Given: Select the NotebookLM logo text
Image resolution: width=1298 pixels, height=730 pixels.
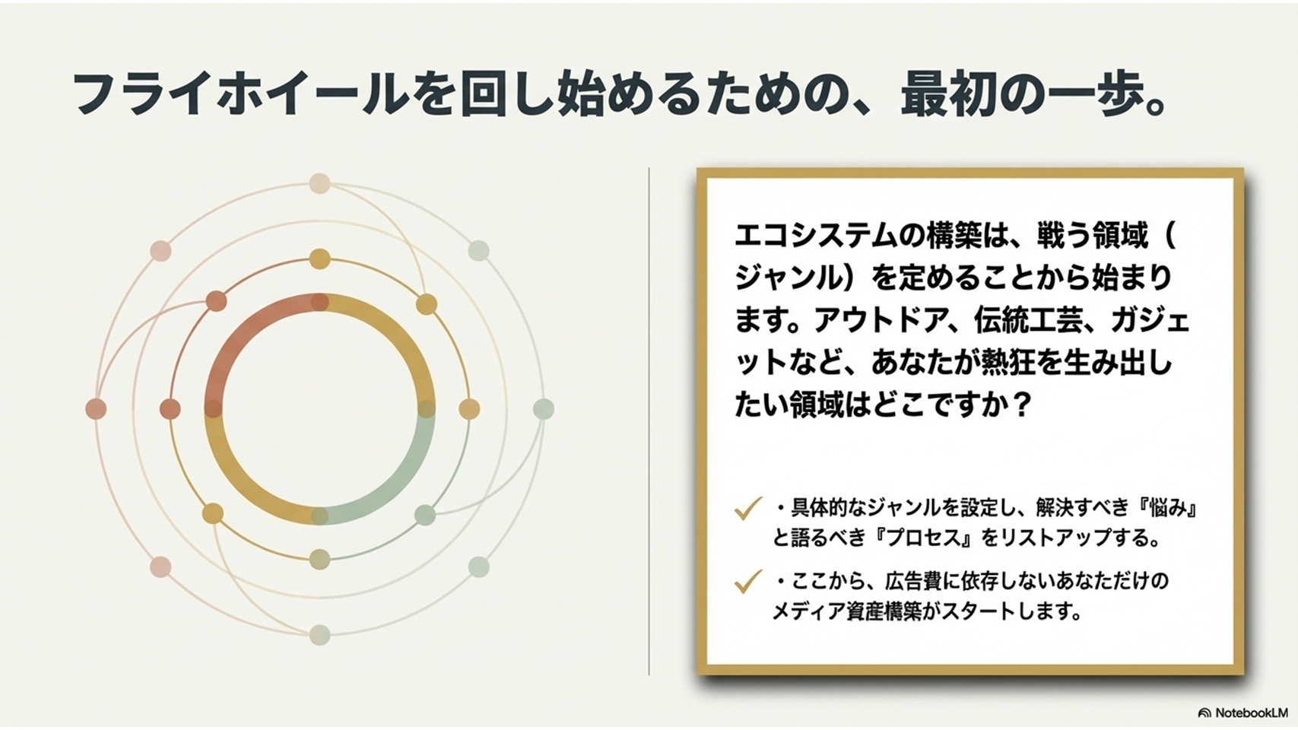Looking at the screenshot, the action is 1243,713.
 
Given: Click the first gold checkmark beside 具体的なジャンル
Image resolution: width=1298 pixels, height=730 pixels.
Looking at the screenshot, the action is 747,509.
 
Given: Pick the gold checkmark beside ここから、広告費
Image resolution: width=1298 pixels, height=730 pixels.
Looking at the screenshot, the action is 747,582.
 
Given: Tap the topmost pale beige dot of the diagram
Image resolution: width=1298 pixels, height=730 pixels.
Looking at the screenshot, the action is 320,183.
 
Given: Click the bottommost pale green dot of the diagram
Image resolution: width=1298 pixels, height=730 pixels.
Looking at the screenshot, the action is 320,635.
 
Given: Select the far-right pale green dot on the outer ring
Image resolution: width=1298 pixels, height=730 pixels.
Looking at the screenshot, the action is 544,409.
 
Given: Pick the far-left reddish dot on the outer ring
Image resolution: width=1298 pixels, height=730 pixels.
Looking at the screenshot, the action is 97,409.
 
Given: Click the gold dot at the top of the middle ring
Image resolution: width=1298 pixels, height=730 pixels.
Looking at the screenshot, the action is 320,259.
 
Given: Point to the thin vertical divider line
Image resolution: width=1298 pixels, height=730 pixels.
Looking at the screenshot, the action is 649,421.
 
